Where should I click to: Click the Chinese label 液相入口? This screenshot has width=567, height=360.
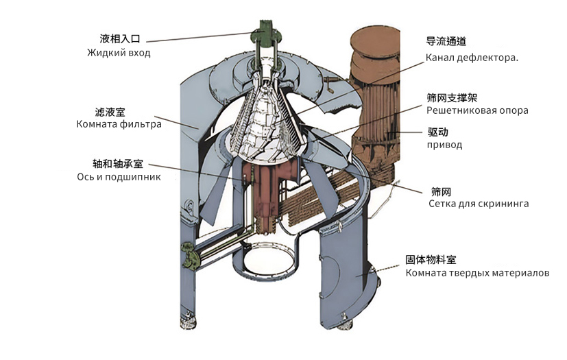(120, 38)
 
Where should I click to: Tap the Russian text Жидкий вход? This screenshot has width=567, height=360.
(119, 53)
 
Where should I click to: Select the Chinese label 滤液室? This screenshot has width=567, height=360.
(110, 112)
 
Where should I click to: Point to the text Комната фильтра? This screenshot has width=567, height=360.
(119, 125)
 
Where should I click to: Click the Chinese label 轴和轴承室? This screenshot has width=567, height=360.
(118, 164)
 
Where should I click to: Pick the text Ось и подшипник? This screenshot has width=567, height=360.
(119, 177)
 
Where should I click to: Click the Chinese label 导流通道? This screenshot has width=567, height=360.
(446, 41)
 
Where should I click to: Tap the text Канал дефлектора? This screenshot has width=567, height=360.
(472, 58)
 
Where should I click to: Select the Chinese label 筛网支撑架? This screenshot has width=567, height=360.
(452, 97)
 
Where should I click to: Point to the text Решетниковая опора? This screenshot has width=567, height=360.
(477, 110)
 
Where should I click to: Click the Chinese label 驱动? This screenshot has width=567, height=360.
(437, 132)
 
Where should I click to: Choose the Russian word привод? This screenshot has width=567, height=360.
(444, 145)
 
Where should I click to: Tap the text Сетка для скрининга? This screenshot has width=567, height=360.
(479, 204)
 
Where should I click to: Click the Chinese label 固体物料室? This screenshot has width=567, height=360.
(431, 259)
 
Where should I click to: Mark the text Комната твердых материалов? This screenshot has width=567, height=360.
(477, 272)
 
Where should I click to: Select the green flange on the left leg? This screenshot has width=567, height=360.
(190, 254)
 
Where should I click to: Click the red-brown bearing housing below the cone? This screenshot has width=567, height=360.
(267, 195)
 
